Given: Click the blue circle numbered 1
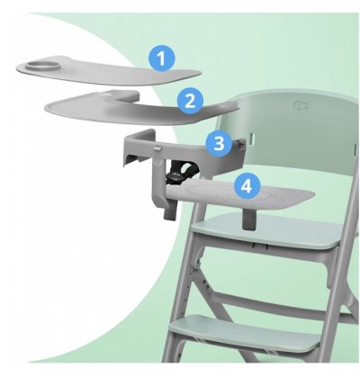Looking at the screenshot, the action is coord(162,58).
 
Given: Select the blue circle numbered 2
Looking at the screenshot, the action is coord(190,101).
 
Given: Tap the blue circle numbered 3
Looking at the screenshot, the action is coord(220,144).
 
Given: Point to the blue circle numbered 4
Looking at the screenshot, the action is coord(247,186).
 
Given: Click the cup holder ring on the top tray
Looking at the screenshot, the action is coord(42,66).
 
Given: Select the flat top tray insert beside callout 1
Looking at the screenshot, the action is coord(108,70).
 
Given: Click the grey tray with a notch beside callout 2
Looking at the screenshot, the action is coord(141,107).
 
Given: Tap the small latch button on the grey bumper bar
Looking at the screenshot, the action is coord(157,148).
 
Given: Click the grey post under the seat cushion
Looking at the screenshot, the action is coord(249,219).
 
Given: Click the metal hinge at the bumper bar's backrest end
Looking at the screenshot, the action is coord(240,143).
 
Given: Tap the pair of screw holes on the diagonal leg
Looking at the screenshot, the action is coord(205,283).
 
